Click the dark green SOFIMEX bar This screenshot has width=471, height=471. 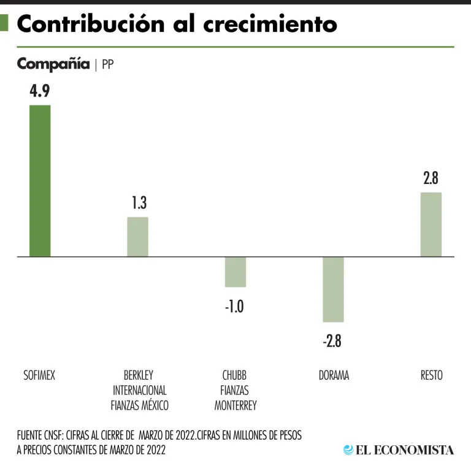coord(40,181)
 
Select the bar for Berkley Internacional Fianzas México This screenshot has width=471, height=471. coord(137,237)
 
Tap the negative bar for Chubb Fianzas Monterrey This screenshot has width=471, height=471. coord(235,272)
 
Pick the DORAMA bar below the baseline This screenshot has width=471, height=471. coord(333,289)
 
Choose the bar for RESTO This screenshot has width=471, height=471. coord(431,224)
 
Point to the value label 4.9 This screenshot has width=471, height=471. coord(39,91)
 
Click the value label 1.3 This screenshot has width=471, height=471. coord(139,203)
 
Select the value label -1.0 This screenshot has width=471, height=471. coord(234,306)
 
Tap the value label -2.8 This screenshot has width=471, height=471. coord(332,341)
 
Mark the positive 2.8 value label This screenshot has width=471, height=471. coord(431,178)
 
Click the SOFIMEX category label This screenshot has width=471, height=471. coord(39,375)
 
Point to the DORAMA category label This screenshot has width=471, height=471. coord(334,375)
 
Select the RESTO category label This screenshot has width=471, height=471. coord(431,375)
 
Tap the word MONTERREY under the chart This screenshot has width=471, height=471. coord(235,405)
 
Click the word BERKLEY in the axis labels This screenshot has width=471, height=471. coord(139,375)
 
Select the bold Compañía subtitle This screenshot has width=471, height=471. coord(53,64)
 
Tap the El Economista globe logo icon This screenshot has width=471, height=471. coord(348,450)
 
